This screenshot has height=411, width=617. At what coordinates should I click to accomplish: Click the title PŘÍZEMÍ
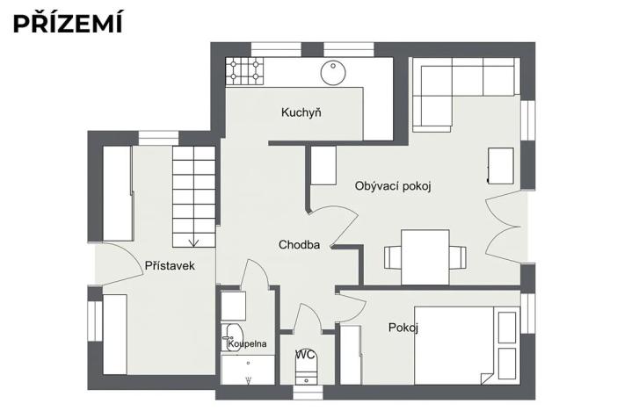point(68,23)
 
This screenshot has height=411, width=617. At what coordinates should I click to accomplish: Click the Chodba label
point(299,245)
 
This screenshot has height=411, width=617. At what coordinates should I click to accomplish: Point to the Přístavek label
point(169,265)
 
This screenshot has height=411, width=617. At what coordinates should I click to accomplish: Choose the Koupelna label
point(246,343)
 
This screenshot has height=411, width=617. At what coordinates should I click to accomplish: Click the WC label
point(305,355)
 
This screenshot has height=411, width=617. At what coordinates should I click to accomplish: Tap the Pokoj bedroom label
point(403,328)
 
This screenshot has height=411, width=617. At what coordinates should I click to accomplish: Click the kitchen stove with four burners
point(244,71)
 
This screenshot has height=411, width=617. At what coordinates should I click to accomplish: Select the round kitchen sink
point(335,71)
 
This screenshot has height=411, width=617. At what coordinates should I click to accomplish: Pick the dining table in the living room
point(425,256)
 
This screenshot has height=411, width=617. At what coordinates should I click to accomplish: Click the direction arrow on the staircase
point(193,239)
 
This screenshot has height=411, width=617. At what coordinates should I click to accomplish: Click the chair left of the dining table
point(393,258)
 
